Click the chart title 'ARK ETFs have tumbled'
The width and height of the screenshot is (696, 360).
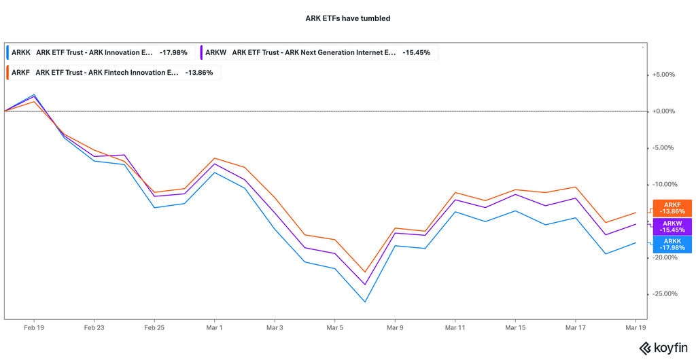[347, 18]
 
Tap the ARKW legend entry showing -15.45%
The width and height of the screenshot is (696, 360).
[319, 52]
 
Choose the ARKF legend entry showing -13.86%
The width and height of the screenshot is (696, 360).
[112, 72]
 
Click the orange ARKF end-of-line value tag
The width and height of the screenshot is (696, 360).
[672, 209]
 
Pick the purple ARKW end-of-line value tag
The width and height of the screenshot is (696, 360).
[672, 227]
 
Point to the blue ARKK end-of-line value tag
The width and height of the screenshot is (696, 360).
[672, 245]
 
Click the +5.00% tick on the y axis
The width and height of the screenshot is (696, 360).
[663, 75]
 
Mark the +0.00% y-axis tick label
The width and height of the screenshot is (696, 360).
[663, 111]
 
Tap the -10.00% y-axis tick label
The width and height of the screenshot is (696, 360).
[663, 184]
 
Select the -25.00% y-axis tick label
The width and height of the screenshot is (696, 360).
[663, 294]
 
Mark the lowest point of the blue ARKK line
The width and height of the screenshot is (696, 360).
[365, 302]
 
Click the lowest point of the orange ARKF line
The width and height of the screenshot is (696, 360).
[365, 272]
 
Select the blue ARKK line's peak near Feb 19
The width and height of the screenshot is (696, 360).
[34, 94]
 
